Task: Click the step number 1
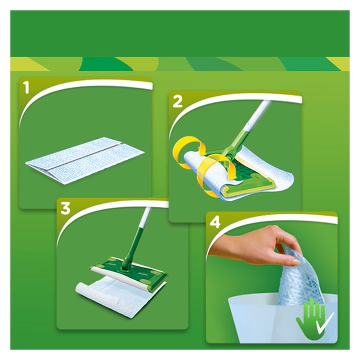coord(27,88)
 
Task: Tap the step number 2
coord(177,101)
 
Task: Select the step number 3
coord(65,208)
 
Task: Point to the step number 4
coord(215,222)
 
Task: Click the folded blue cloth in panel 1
coord(85,160)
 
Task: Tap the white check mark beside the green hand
coord(324,321)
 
